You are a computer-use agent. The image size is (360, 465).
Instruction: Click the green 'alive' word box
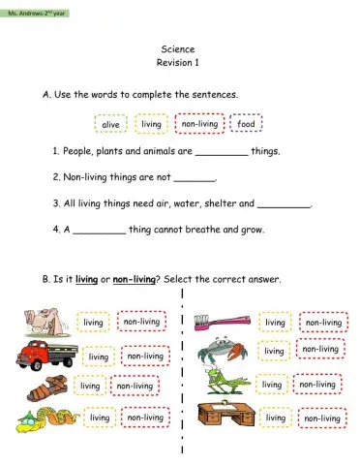pos(109,125)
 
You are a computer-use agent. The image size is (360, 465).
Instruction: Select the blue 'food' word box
pos(246,124)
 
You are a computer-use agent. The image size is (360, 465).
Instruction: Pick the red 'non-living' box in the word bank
pos(199,124)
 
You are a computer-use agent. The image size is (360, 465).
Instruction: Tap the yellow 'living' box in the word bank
pos(152,124)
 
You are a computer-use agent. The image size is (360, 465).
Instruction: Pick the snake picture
pos(41,418)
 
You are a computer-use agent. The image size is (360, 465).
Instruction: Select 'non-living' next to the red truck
pos(145,356)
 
